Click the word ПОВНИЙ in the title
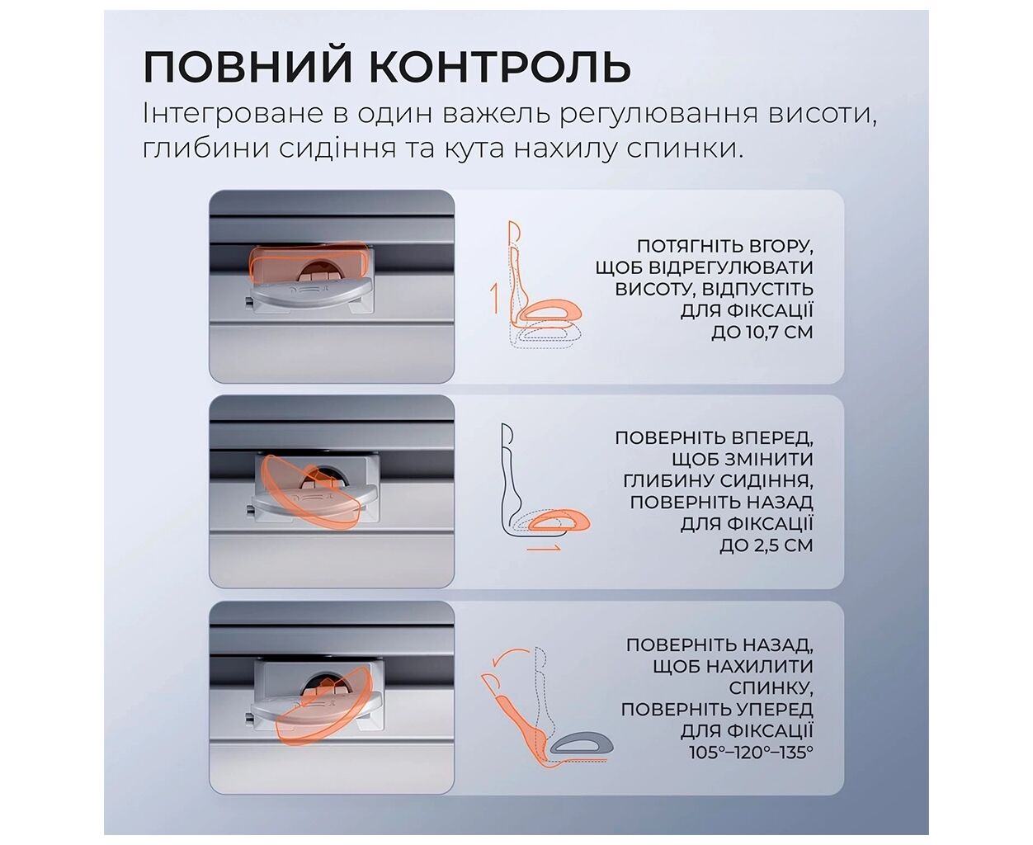[248, 66]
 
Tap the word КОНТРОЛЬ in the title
[500, 66]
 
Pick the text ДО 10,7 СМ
[762, 332]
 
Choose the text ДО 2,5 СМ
[766, 545]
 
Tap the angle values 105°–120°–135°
[752, 753]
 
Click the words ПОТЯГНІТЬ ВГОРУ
[725, 246]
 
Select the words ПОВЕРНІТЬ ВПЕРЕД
[715, 437]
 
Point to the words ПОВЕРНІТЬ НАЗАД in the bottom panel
[719, 644]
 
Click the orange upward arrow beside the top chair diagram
[495, 299]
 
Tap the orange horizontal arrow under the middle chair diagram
[543, 548]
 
